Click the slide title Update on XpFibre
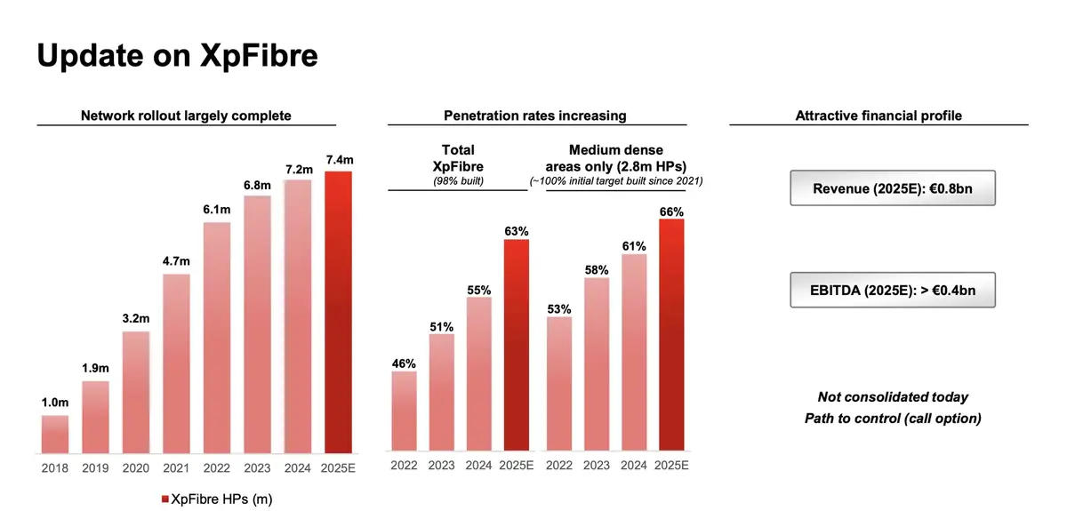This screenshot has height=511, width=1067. [178, 55]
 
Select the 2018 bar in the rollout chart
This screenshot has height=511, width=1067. [55, 434]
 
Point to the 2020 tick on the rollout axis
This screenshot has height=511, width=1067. [136, 467]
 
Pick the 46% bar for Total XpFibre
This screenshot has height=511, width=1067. [405, 411]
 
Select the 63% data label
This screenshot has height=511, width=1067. [517, 230]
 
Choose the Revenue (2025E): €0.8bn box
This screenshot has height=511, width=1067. [893, 188]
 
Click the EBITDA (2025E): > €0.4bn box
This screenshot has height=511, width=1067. [893, 291]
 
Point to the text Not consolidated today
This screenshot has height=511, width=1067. [893, 397]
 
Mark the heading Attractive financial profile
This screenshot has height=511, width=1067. [878, 116]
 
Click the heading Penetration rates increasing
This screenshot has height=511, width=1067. [534, 116]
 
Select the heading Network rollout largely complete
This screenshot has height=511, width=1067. [186, 116]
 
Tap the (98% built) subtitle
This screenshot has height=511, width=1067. [457, 181]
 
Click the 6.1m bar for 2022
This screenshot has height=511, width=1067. [217, 337]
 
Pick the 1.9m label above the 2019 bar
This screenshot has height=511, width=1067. [96, 369]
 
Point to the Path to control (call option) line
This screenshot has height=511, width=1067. [893, 419]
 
